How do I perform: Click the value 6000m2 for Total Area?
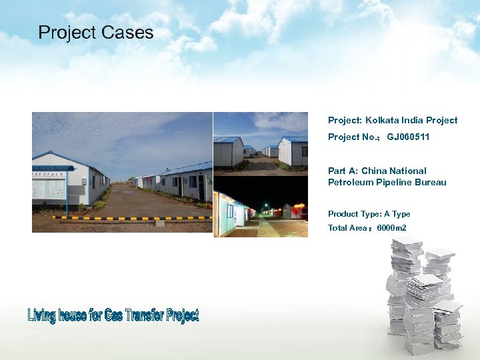(x=391, y=228)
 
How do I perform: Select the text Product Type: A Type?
(x=369, y=214)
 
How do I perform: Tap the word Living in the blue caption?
(x=42, y=316)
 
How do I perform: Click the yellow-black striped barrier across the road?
(x=127, y=218)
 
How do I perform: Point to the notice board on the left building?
(x=49, y=185)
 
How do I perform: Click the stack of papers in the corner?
(x=423, y=293)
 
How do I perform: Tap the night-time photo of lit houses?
(x=261, y=207)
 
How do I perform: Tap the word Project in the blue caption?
(x=183, y=315)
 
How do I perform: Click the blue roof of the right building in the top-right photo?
(x=294, y=140)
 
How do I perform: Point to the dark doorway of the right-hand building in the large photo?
(x=201, y=188)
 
